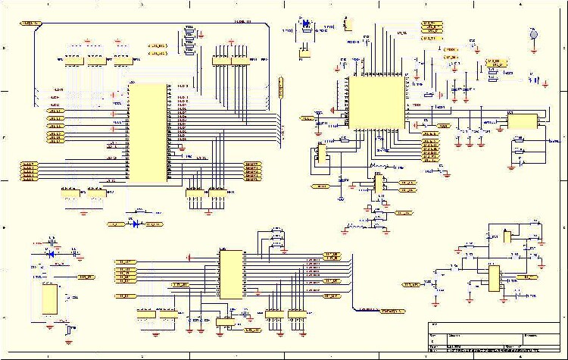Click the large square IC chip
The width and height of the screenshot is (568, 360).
pos(376,103)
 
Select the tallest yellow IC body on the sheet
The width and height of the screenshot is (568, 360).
pos(147,133)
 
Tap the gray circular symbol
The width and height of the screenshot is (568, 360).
pos(533,35)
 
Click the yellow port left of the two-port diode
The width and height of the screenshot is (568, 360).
pos(116,224)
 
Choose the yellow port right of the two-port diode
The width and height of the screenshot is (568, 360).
pos(154,224)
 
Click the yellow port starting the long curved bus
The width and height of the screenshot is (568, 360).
pos(30,23)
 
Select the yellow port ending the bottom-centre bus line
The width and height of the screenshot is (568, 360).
pos(392,311)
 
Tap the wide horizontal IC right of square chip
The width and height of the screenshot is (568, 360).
pos(522,120)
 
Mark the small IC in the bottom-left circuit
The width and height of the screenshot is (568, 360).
pos(50,299)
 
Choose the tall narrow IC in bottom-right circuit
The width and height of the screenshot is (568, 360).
pos(493,278)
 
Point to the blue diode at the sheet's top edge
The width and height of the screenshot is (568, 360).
pos(306,23)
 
